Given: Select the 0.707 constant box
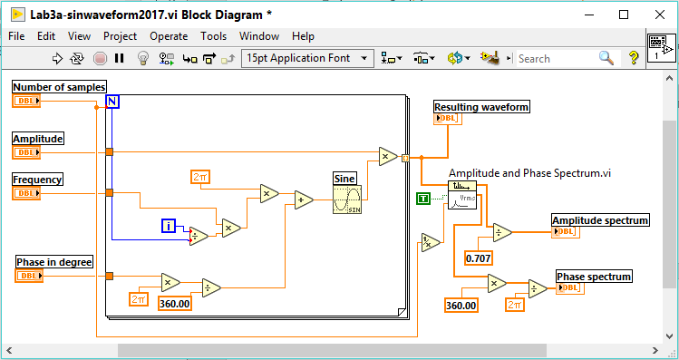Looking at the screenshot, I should (478, 258).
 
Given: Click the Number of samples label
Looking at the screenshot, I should (59, 86).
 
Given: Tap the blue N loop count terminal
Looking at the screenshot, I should (112, 101).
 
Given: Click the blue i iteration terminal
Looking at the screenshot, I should (168, 226).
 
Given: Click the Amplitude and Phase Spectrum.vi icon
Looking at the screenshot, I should (462, 195).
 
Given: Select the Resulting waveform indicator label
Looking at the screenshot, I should (481, 107).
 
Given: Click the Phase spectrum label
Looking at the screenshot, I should (594, 276).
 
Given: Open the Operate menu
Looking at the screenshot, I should (169, 36).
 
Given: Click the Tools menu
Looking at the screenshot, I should (214, 36).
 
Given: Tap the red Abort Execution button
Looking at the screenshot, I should (100, 58).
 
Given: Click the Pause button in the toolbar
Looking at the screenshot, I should (120, 58).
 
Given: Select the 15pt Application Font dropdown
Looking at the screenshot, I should (308, 58).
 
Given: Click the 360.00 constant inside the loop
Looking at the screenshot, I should (174, 304).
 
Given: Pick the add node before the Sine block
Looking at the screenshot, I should (303, 200).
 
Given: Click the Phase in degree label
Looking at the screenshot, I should (54, 262).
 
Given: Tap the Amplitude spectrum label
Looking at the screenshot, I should (600, 219).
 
